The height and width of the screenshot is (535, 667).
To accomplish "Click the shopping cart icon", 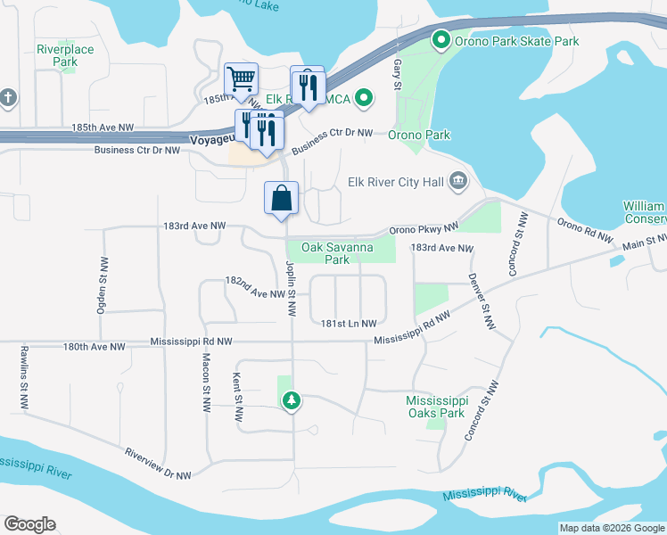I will point(241,79).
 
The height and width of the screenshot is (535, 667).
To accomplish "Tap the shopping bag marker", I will point(281,198).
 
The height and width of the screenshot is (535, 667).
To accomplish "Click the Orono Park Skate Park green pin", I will point(440,40).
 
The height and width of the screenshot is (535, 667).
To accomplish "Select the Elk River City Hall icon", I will point(458,183).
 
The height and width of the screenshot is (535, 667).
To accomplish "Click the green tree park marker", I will point(291,402).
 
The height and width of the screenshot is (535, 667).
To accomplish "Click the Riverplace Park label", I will point(65,55).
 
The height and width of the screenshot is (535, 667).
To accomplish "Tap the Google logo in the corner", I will point(29,524).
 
